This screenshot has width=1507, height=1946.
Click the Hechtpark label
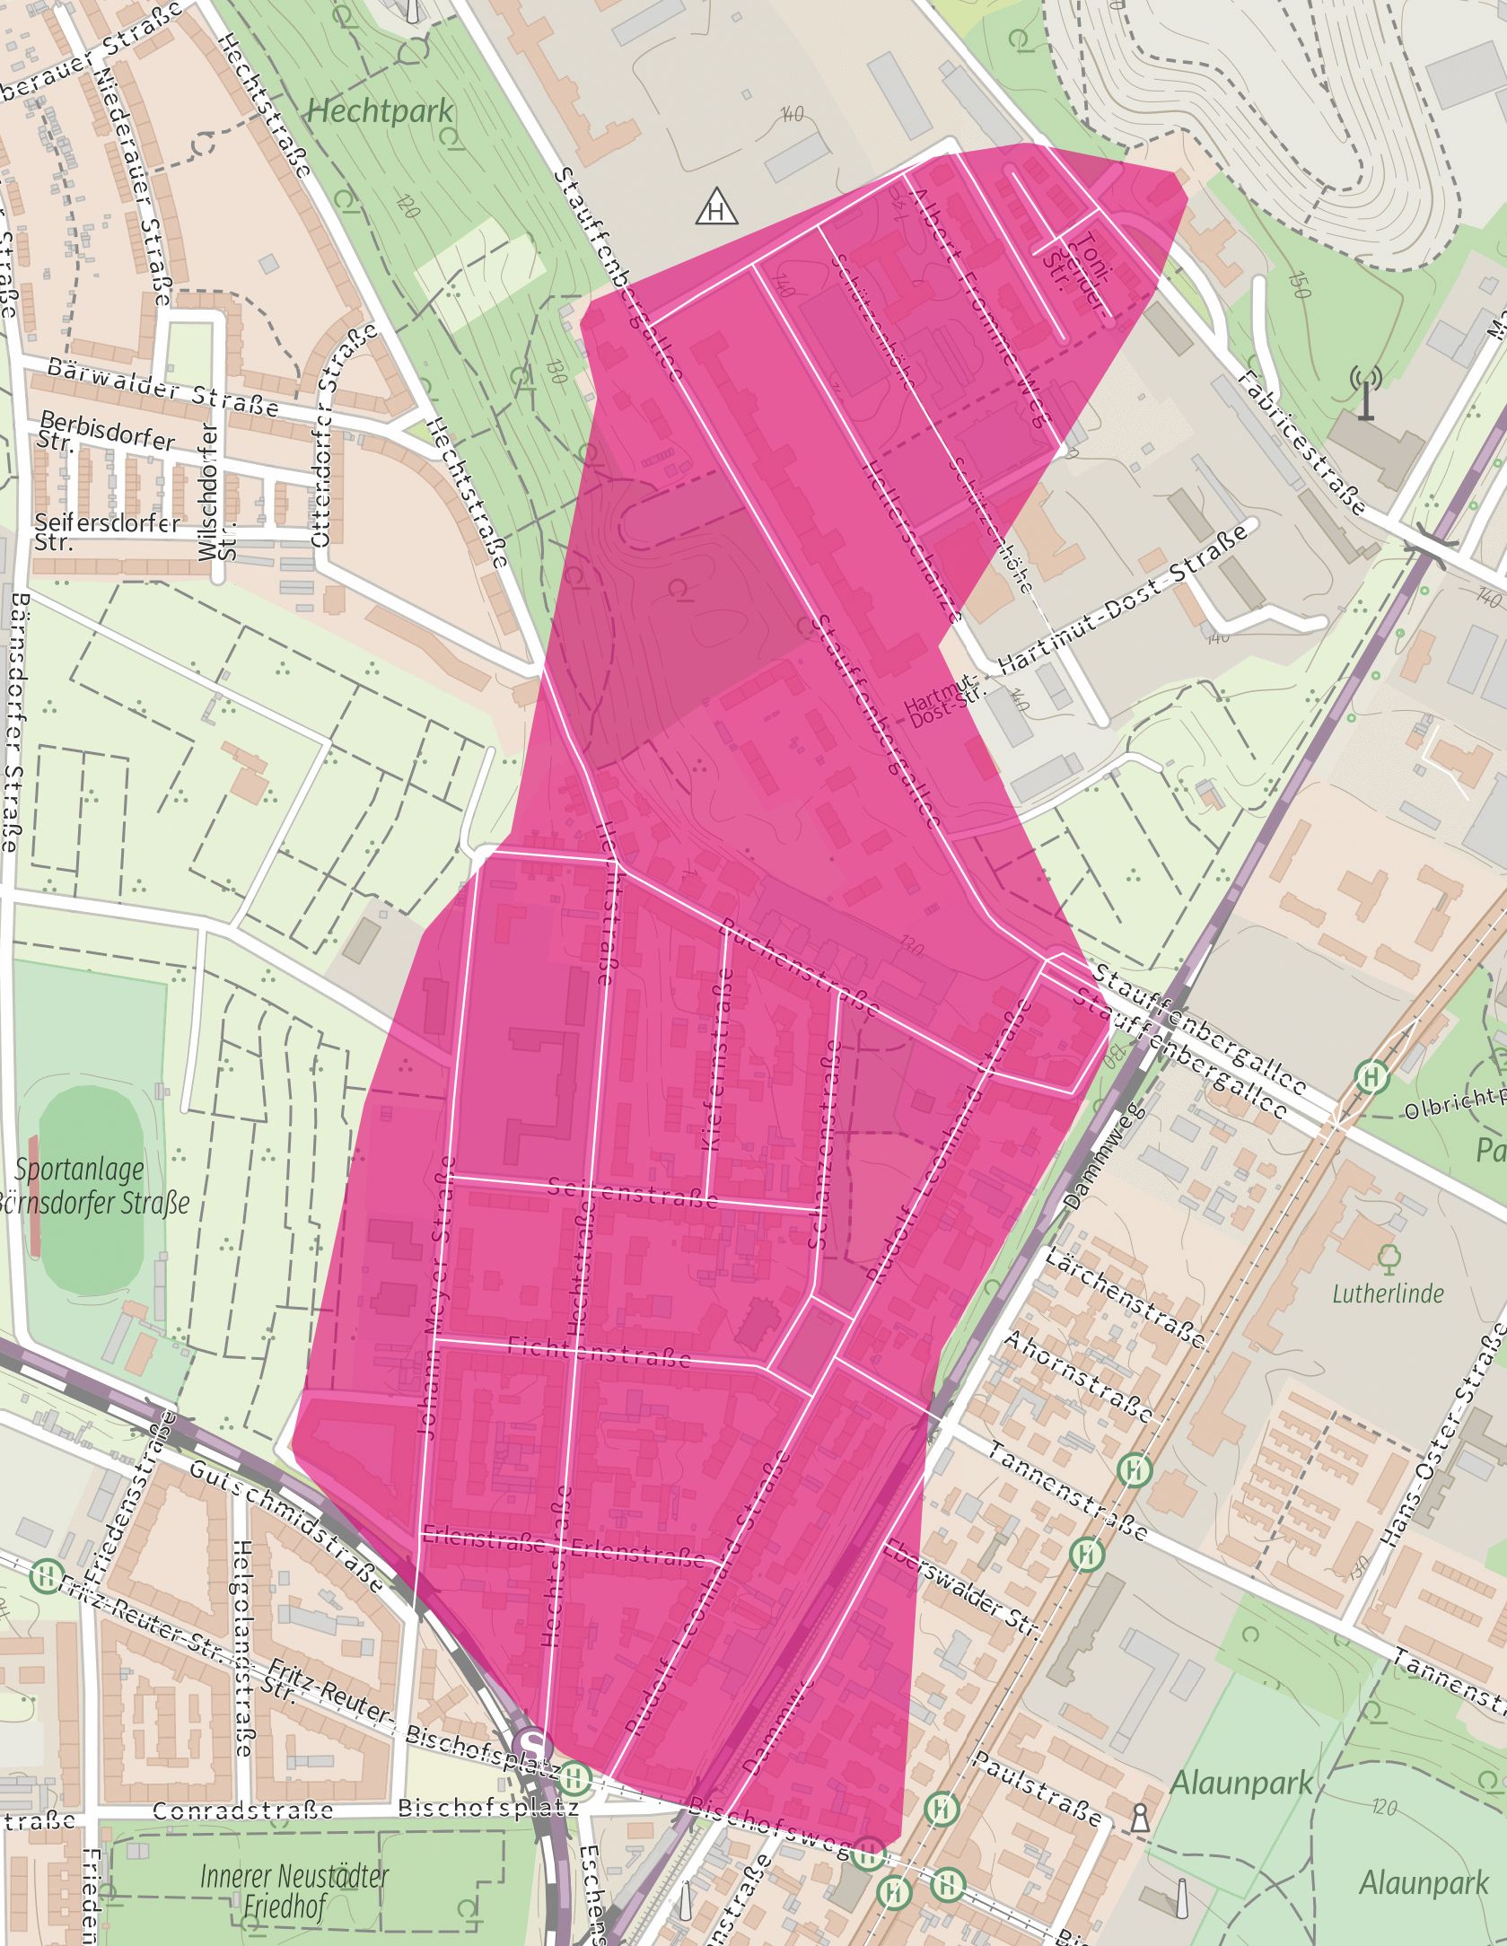(380, 112)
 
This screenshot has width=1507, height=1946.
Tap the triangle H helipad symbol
(717, 208)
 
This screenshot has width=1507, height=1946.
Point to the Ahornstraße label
(1077, 1375)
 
